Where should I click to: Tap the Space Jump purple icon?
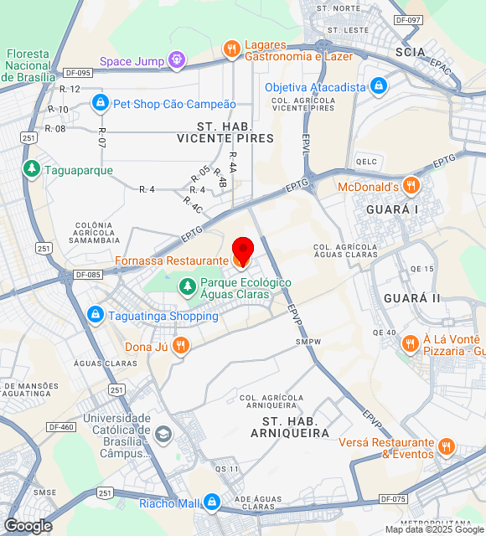(176, 59)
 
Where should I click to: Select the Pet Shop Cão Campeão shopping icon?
(100, 103)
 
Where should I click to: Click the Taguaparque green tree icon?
(32, 169)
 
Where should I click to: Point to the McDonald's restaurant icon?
(411, 185)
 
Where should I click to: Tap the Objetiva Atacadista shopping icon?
(379, 85)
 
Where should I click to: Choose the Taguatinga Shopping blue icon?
(95, 315)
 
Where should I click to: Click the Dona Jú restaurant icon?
(180, 344)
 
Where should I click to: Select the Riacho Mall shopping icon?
(212, 502)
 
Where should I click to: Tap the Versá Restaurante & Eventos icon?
(446, 447)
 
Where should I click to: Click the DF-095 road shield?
(77, 72)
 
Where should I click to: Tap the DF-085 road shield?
(87, 274)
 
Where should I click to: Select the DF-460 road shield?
(62, 426)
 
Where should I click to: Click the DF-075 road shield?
(393, 499)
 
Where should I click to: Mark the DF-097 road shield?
(408, 19)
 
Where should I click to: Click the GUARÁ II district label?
(412, 298)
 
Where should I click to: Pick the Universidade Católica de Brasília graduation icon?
(163, 434)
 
